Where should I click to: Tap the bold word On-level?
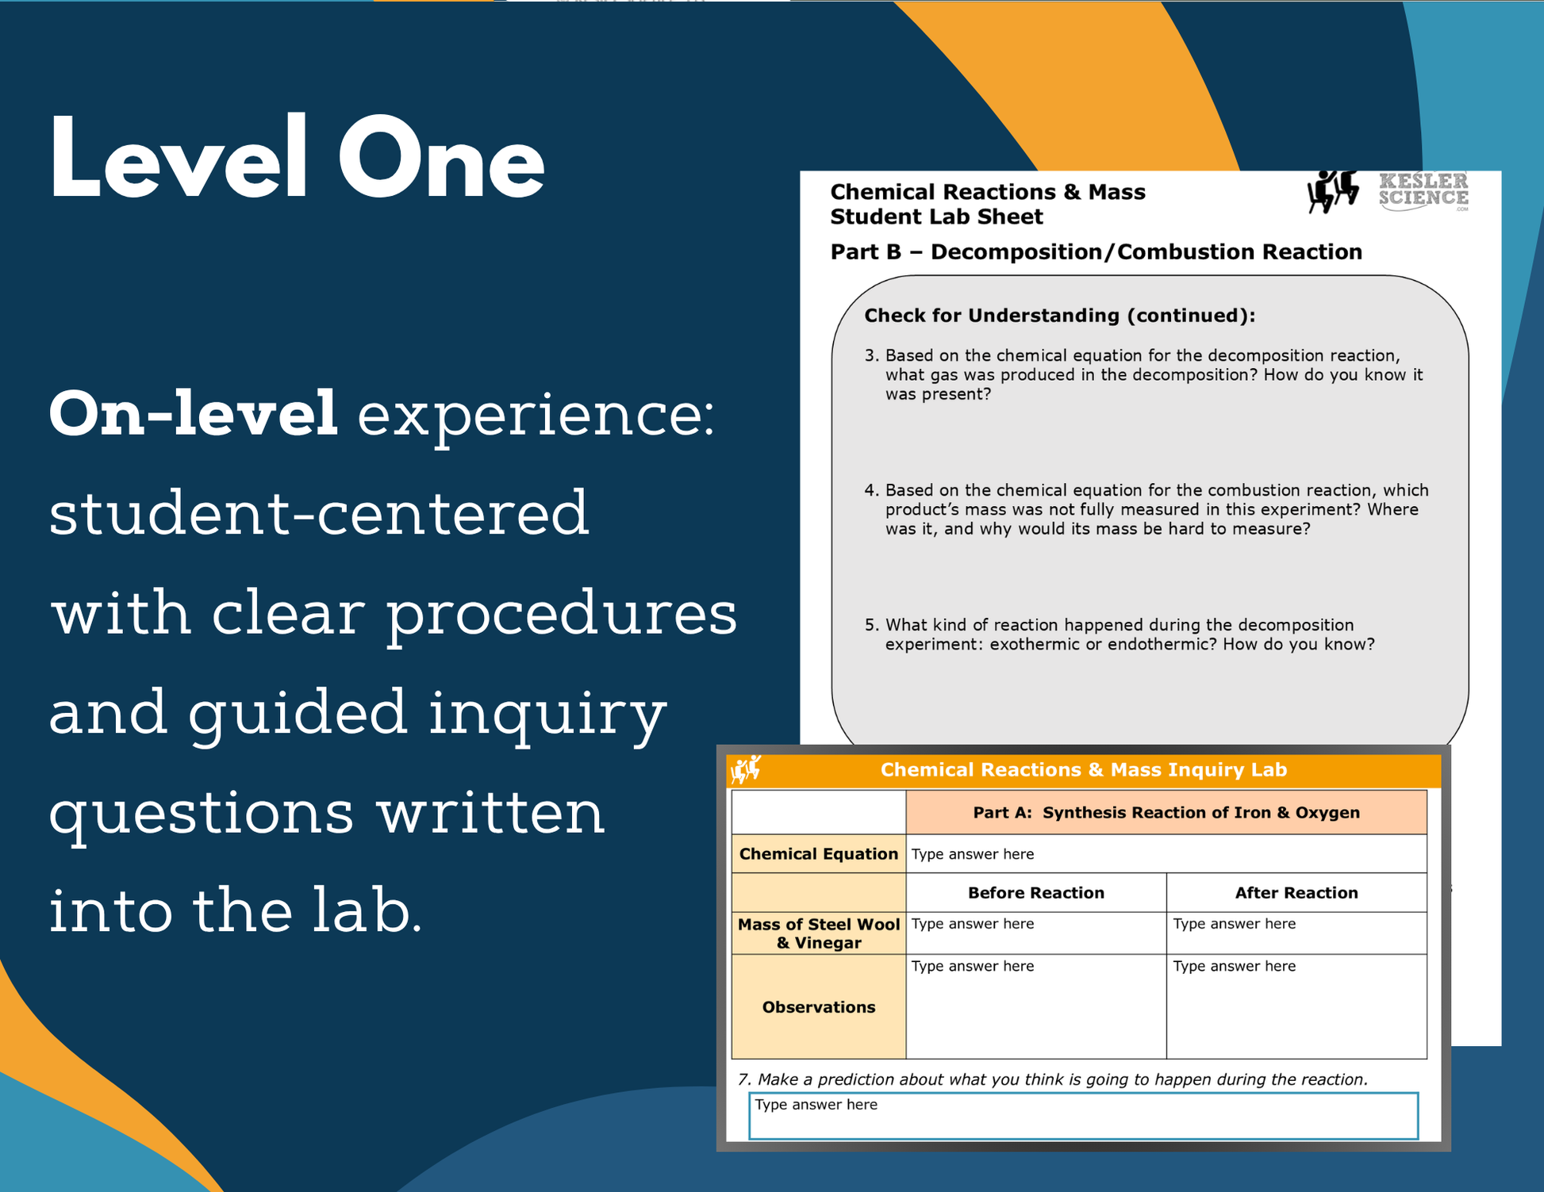point(194,413)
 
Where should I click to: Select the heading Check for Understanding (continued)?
point(1059,316)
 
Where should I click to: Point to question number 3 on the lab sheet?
point(1143,374)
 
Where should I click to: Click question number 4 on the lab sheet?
point(1146,509)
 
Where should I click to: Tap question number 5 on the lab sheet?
point(1120,634)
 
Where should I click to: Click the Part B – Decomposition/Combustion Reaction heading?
point(1096,252)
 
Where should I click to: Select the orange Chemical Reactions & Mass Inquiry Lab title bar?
point(1084,770)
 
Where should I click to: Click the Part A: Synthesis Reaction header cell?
point(1166,812)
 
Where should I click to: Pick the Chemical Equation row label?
point(819,853)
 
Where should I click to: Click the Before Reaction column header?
point(1035,893)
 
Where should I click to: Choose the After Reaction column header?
point(1296,893)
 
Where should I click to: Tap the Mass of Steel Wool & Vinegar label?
point(819,933)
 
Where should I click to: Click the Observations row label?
point(819,1007)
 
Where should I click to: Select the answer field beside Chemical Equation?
point(1166,854)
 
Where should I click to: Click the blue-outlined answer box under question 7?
point(1083,1116)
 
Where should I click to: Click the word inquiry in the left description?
point(547,712)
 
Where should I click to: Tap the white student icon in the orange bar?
point(746,769)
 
